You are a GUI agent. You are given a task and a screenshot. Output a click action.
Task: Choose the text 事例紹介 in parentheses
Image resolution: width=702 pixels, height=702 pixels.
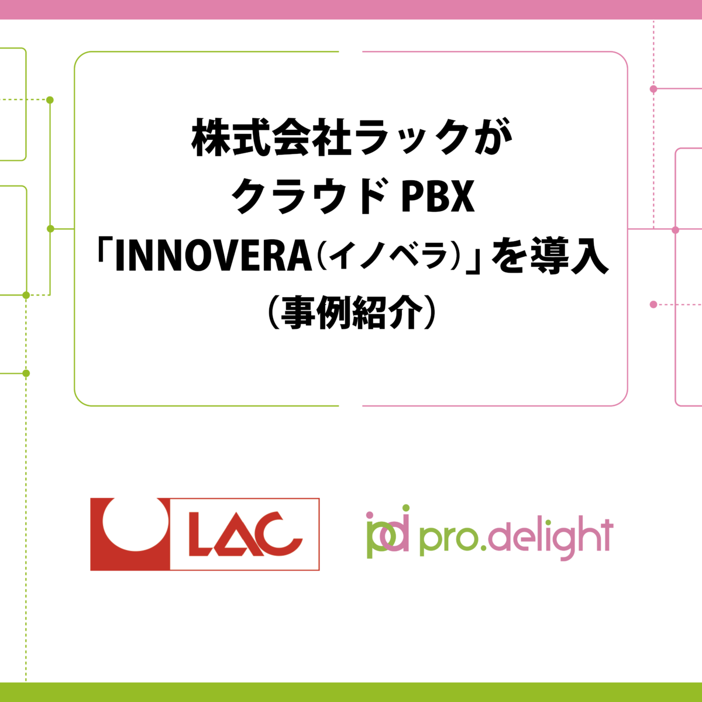coord(351,314)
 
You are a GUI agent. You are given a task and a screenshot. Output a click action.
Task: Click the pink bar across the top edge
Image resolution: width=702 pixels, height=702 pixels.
coord(351,9)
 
